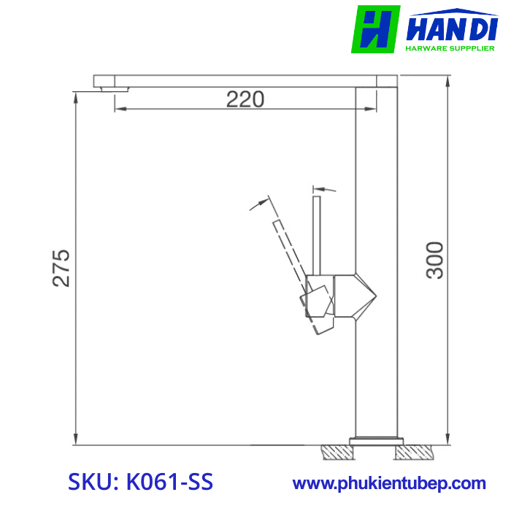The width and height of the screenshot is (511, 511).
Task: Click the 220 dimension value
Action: (245, 99)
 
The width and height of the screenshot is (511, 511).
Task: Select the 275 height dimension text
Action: (61, 268)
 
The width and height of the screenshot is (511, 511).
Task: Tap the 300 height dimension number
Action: (435, 259)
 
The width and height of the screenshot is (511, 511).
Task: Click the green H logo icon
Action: (375, 29)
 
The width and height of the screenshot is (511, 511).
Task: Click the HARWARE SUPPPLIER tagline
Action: (450, 49)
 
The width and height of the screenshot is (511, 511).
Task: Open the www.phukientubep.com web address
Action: (389, 483)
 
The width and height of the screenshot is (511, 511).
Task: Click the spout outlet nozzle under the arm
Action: (114, 88)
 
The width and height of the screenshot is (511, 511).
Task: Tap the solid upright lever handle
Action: (317, 234)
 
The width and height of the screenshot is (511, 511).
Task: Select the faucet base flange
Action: (377, 440)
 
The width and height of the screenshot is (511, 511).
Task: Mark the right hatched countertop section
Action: (413, 453)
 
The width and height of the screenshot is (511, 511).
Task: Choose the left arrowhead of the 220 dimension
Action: (119, 109)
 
